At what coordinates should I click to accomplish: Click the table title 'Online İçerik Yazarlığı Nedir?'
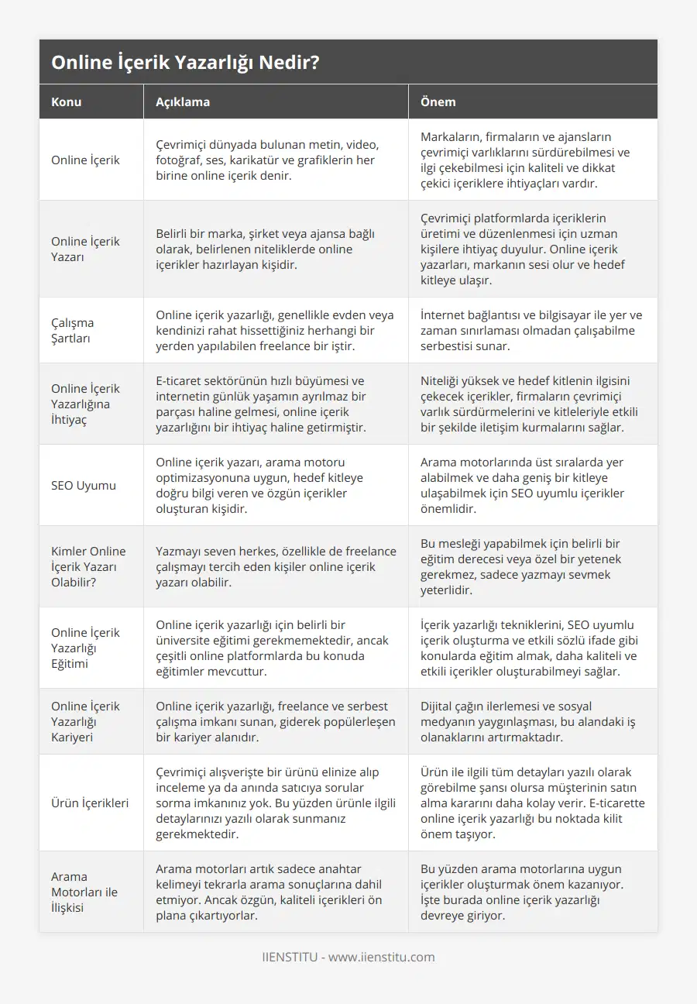185,63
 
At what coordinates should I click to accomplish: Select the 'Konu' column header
67,101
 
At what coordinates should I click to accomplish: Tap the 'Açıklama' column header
183,101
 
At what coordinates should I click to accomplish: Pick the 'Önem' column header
438,101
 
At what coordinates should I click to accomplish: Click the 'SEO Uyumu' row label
84,486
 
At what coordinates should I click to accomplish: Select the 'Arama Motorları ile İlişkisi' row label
84,892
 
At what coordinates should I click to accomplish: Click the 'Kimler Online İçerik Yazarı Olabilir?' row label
88,567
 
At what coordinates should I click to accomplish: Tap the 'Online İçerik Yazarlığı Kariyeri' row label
85,721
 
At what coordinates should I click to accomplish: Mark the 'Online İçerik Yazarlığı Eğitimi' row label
85,648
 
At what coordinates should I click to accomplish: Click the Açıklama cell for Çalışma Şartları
274,330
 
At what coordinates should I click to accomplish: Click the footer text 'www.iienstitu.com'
382,957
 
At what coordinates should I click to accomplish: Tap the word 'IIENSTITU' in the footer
290,957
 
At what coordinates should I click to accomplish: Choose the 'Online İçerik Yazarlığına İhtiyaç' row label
85,404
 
